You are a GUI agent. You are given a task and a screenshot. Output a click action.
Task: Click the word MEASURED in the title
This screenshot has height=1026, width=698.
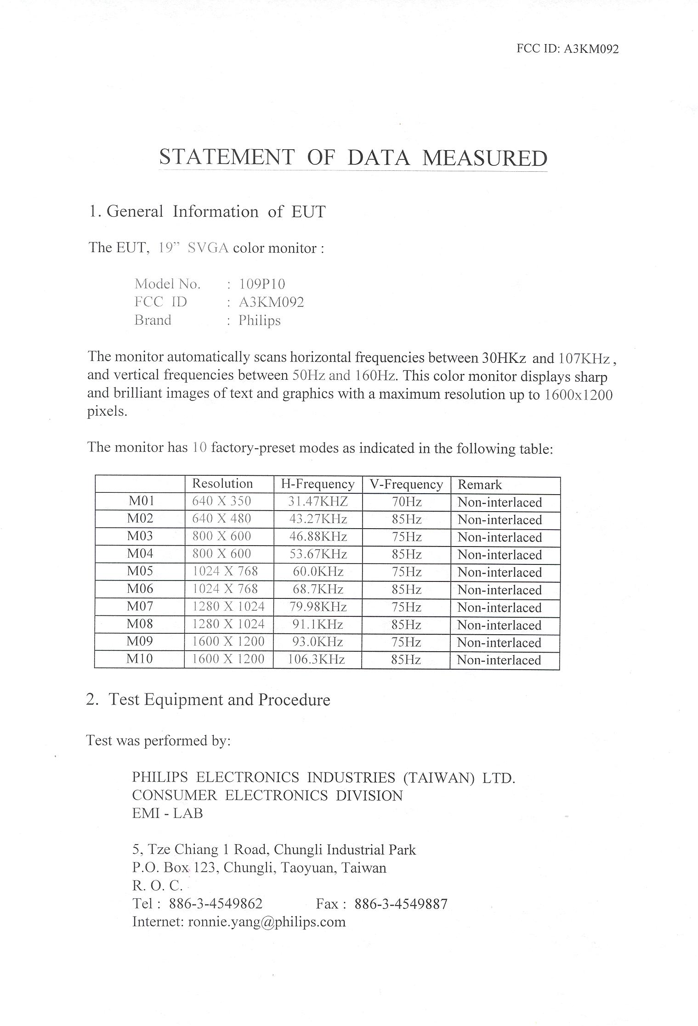coord(484,158)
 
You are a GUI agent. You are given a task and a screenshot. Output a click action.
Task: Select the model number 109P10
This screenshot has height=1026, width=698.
coord(262,284)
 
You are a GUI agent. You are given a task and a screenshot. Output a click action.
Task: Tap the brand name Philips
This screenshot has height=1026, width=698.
coord(259,321)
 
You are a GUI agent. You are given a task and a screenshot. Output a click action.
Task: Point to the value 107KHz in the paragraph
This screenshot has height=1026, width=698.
coord(585,358)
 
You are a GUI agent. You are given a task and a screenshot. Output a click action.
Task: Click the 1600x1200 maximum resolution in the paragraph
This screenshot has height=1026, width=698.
coord(578,395)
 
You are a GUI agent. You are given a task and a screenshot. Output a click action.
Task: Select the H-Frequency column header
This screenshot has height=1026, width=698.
coord(318,484)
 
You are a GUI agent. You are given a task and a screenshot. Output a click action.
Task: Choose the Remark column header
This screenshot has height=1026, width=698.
coord(480,485)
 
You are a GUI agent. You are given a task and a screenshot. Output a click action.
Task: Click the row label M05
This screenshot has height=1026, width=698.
coord(140,571)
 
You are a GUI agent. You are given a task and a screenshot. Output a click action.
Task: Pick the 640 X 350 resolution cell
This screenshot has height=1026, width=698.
coord(221,501)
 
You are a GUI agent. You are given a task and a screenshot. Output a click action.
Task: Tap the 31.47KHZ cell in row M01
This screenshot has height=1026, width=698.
coord(318,502)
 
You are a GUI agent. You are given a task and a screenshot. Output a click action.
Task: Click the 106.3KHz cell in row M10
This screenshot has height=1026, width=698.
coord(316,660)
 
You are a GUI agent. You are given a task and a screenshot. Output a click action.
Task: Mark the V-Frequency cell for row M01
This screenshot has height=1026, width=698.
coord(407,502)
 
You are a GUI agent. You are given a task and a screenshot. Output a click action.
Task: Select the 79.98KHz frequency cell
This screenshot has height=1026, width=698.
coord(318,607)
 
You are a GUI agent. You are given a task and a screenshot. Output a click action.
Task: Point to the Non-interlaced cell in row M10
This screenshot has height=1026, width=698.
coord(499,660)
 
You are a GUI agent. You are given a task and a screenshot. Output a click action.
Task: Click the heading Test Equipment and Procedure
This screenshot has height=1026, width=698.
coord(219,699)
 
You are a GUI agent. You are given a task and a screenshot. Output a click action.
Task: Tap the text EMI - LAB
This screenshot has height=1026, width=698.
coord(167,813)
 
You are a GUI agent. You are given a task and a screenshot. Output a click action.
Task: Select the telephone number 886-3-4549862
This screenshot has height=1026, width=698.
coord(216,904)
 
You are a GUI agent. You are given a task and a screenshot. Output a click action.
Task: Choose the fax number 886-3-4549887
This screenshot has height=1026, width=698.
coord(401,904)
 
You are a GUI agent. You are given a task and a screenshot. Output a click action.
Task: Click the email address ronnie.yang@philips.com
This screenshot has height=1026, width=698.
coord(267,922)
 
